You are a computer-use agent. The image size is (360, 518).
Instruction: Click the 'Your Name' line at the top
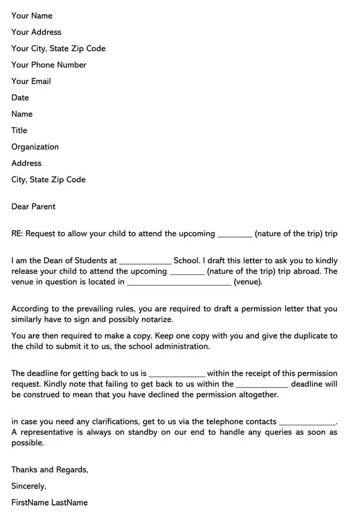(32, 16)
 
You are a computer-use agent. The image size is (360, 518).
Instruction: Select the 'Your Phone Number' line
(49, 65)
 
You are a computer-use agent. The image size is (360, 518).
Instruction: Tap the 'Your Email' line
(31, 81)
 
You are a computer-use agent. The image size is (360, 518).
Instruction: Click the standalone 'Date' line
(20, 98)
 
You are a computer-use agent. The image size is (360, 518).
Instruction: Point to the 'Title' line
(19, 131)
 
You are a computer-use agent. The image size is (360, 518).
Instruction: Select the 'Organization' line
(35, 147)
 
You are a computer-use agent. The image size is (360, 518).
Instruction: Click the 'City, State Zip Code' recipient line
(48, 180)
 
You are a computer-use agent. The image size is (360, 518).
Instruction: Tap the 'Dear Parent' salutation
(34, 207)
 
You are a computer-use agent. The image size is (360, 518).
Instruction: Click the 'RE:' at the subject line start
(17, 234)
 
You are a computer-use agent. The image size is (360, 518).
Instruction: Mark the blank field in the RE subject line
(235, 235)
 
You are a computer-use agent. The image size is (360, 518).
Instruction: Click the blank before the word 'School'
(145, 262)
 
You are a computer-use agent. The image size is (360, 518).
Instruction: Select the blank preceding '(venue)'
(179, 283)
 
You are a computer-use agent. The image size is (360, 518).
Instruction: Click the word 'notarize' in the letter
(156, 319)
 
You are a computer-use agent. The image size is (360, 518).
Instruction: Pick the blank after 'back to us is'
(177, 375)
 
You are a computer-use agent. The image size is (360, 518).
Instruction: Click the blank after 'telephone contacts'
(307, 423)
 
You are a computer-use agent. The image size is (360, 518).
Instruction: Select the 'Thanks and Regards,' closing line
(50, 470)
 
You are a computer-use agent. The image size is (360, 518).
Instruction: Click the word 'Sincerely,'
(29, 486)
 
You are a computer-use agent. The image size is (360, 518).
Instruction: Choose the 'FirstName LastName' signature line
(49, 503)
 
